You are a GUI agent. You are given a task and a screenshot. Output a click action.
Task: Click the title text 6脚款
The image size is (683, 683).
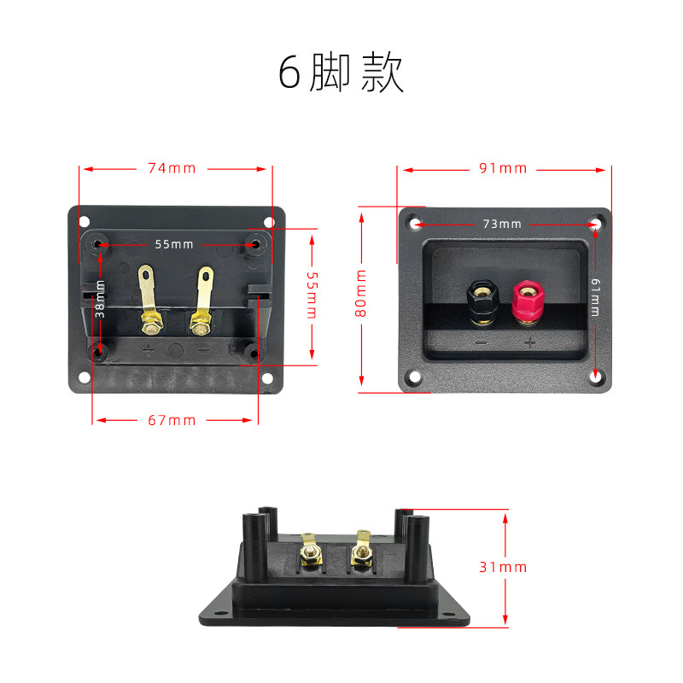(x=341, y=73)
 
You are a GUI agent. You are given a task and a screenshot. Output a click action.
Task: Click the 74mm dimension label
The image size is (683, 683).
(x=172, y=168)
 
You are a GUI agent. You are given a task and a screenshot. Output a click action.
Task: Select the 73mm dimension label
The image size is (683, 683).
(x=502, y=224)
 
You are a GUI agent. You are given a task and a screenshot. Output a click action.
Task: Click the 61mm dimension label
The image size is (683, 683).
(x=595, y=296)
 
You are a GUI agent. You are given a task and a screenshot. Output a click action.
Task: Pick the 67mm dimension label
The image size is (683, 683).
(x=172, y=420)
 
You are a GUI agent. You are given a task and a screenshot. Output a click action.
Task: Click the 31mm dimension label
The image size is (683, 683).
(x=503, y=567)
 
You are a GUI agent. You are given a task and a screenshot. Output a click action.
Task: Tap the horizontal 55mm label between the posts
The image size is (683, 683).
(x=174, y=244)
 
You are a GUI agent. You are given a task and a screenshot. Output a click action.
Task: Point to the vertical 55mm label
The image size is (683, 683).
(x=312, y=295)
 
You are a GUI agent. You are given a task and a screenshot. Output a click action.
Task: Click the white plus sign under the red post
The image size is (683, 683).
(x=529, y=343)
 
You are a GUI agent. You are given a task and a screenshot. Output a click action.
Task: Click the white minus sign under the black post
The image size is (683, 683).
(x=482, y=343)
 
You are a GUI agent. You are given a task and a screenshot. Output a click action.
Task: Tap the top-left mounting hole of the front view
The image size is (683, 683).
(x=416, y=224)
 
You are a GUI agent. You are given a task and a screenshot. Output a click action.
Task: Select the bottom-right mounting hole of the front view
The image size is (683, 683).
(x=594, y=377)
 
